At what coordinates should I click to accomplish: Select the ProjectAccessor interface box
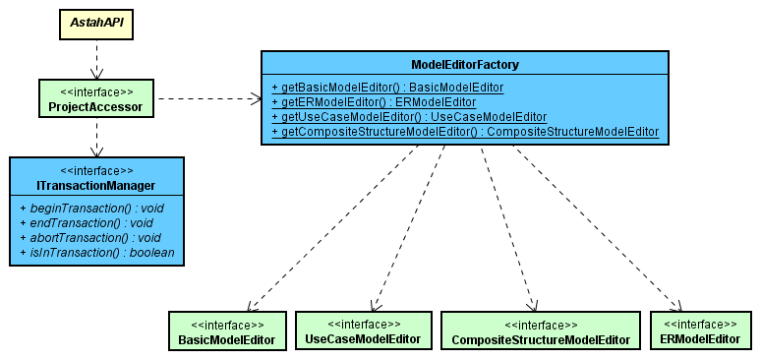click(x=95, y=99)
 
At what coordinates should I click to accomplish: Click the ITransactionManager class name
click(x=96, y=186)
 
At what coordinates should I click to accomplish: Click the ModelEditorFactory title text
click(x=464, y=65)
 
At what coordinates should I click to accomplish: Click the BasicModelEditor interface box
click(x=226, y=332)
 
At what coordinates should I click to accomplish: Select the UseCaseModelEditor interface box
click(x=363, y=331)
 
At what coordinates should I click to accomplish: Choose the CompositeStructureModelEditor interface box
click(x=540, y=332)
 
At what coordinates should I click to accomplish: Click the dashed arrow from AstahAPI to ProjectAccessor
click(x=95, y=60)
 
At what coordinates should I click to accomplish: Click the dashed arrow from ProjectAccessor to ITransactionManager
click(x=95, y=137)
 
